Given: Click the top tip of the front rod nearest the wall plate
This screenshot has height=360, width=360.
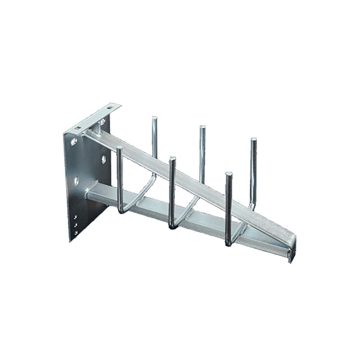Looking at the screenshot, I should click(119, 148).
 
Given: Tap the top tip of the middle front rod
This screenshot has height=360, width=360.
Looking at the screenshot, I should click(172, 159).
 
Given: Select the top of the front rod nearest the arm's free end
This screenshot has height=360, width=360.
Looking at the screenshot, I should click(229, 174).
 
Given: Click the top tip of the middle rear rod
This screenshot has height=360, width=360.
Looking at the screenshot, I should click(202, 128).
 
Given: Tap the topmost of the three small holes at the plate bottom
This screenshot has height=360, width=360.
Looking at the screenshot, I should click(75, 217).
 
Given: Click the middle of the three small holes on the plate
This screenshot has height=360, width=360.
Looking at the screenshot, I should click(75, 225).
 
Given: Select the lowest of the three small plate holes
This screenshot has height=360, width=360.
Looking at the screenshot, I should click(75, 232).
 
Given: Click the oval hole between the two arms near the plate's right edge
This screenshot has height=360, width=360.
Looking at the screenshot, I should click(103, 159).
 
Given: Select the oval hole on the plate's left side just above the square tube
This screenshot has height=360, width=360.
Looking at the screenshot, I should click(76, 180).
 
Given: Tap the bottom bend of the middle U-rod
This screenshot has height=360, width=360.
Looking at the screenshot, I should click(174, 226).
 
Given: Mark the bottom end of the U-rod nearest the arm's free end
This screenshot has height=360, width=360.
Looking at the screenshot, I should click(229, 243).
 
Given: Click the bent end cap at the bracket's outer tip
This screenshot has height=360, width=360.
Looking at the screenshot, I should click(292, 250).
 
